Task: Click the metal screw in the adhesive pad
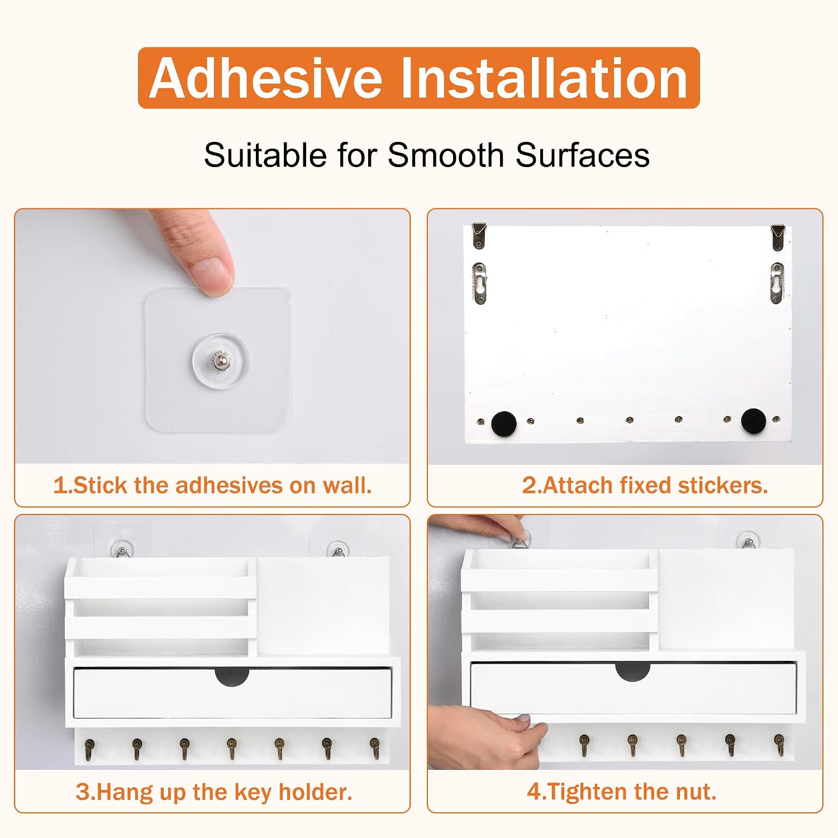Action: click(220, 360)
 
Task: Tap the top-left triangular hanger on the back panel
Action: click(479, 235)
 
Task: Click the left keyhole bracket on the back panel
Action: click(480, 283)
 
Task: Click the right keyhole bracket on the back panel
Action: click(777, 283)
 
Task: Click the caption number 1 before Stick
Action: click(60, 485)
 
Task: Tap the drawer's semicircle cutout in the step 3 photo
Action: click(232, 677)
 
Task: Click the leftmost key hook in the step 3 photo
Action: click(89, 749)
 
